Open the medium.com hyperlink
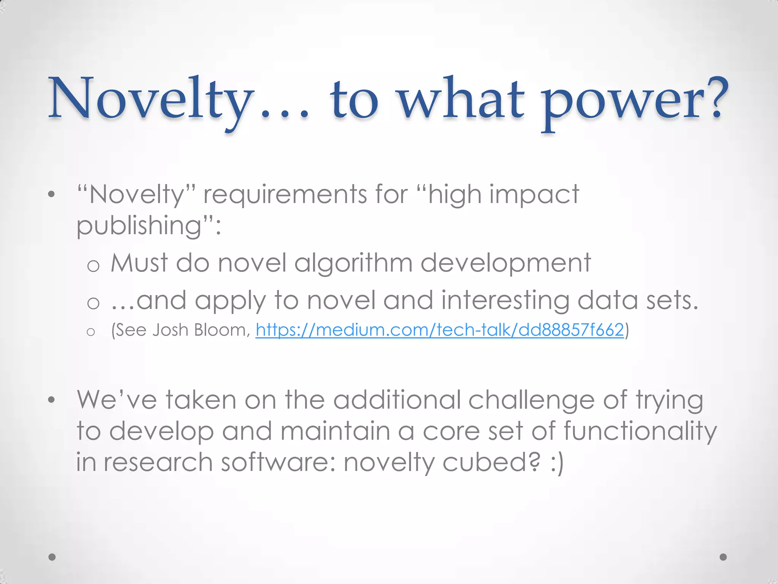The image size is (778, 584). point(440,330)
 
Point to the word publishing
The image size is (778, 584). point(139,226)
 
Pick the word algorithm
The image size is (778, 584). point(353,263)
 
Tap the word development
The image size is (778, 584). point(506,263)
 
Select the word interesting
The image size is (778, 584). point(505,301)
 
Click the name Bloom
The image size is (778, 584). point(221,330)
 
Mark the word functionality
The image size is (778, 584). point(640,432)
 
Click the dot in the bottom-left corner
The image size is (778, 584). point(52,557)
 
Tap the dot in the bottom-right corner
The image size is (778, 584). point(723,557)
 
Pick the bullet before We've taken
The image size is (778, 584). point(52,400)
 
